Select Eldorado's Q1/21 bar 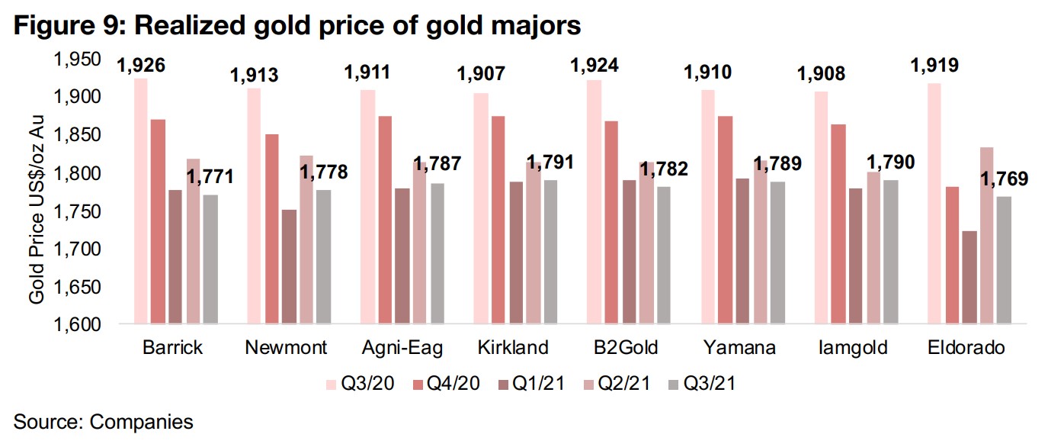[x=969, y=278]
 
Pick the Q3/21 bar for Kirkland [x=551, y=253]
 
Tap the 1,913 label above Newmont [x=254, y=75]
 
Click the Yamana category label [x=739, y=348]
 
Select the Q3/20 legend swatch [x=330, y=384]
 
